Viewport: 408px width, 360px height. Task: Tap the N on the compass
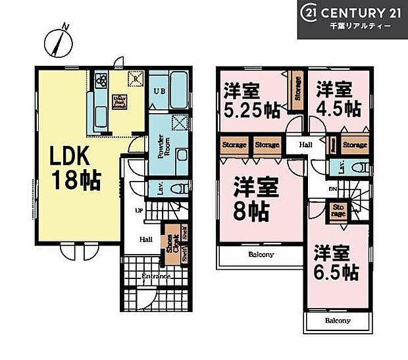click(x=64, y=26)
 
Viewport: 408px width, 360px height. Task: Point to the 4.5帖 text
click(x=337, y=107)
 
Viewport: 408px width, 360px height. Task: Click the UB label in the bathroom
click(x=159, y=91)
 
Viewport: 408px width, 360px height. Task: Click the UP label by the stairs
click(x=140, y=210)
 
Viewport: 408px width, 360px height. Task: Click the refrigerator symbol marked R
click(x=136, y=77)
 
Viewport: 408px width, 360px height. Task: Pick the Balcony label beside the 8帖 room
click(x=261, y=254)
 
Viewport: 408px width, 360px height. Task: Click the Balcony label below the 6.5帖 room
click(x=337, y=321)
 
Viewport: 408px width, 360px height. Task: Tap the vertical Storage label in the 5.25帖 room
click(x=297, y=90)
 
